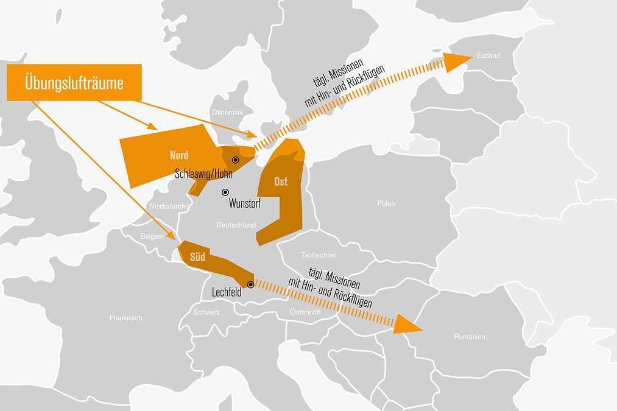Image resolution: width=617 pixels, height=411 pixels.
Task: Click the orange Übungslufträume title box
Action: (x=74, y=82)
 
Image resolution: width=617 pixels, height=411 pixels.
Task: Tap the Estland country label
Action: (x=488, y=56)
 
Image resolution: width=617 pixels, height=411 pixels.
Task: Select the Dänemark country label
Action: (x=228, y=113)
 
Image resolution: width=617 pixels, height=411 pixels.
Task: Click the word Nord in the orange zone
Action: (x=179, y=155)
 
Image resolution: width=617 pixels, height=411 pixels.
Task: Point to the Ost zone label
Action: (x=281, y=182)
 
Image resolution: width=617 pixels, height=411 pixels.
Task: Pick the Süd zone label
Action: (x=197, y=257)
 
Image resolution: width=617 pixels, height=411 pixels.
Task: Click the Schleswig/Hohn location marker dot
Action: (x=235, y=160)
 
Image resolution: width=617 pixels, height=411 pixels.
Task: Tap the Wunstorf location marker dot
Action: (x=225, y=192)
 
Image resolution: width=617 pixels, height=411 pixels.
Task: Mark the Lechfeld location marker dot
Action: (x=250, y=284)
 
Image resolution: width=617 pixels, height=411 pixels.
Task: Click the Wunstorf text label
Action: (x=245, y=203)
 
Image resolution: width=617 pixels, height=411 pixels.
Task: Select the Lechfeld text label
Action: (x=227, y=293)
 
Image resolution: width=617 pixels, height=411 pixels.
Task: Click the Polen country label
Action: (x=386, y=203)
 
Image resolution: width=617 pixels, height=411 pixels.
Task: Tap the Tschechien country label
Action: (x=319, y=255)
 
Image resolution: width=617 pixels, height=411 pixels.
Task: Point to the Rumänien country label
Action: (x=470, y=336)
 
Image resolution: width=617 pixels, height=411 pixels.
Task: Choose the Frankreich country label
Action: (x=126, y=318)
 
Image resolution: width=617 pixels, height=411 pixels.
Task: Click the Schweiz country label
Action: (x=206, y=312)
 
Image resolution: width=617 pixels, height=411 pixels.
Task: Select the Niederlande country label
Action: (x=167, y=206)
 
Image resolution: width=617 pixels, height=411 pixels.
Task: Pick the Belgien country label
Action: (x=152, y=236)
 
